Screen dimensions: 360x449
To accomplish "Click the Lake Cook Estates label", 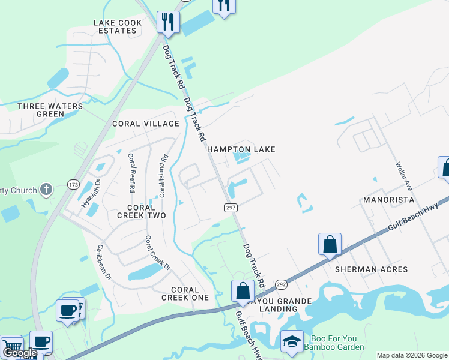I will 118,26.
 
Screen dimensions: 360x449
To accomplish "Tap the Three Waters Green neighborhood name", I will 50,110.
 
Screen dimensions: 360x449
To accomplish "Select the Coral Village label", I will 146,124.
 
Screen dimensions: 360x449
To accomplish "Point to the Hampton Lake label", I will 241,149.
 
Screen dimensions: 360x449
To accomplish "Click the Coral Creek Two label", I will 141,211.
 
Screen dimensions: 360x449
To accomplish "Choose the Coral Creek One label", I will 185,293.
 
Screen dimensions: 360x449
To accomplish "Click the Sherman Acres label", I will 371,269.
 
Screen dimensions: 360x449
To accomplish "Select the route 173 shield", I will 73,184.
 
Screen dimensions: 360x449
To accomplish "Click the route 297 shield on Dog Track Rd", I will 231,208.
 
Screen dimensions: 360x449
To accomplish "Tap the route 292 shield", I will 281,284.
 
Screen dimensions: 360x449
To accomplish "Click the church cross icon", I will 46,190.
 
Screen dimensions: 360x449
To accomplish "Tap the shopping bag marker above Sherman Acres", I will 330,244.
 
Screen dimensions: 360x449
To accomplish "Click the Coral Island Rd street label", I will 161,177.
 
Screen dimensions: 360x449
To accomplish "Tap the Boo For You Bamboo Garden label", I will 334,343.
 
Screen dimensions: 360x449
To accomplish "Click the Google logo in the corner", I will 20,353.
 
